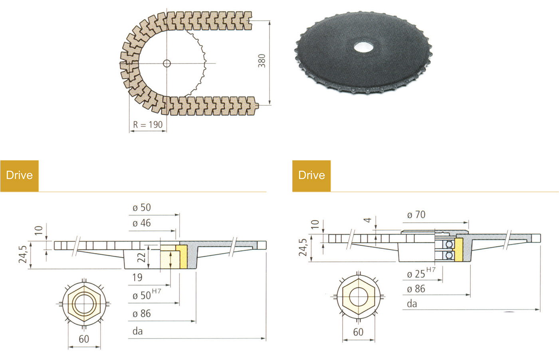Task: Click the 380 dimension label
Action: [x=262, y=61]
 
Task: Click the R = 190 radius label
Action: [x=148, y=125]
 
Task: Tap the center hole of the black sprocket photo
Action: [x=363, y=47]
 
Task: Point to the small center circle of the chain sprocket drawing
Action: [x=167, y=63]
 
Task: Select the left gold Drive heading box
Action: [x=20, y=176]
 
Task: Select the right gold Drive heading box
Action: [x=311, y=176]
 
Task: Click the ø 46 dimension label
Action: [x=141, y=223]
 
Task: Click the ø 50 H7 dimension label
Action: [x=147, y=295]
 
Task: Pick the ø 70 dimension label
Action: [x=416, y=215]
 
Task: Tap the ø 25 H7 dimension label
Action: [x=421, y=273]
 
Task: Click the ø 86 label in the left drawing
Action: [x=141, y=314]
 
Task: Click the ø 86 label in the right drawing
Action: [x=416, y=289]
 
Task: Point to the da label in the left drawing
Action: [x=137, y=331]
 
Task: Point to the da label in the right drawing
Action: [x=412, y=304]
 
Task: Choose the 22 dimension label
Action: [x=142, y=257]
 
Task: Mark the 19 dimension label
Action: [x=137, y=277]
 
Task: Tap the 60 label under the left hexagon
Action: [x=84, y=339]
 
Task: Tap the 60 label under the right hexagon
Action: [x=358, y=332]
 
